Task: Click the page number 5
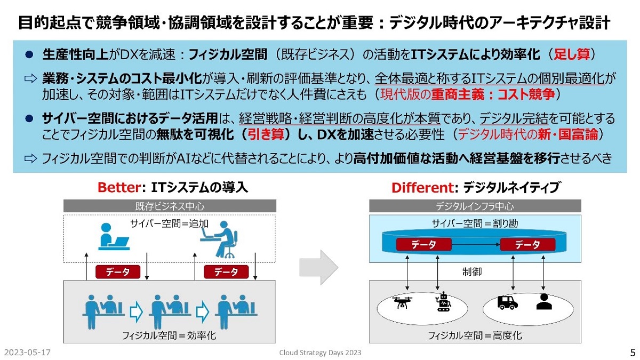click(633, 353)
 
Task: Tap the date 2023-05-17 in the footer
click(27, 353)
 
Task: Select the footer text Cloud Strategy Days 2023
click(320, 353)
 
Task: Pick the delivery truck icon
click(507, 302)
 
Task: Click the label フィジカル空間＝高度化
click(475, 335)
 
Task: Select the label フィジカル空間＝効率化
click(169, 336)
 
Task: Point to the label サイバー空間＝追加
click(169, 223)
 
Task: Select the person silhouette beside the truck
click(543, 302)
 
